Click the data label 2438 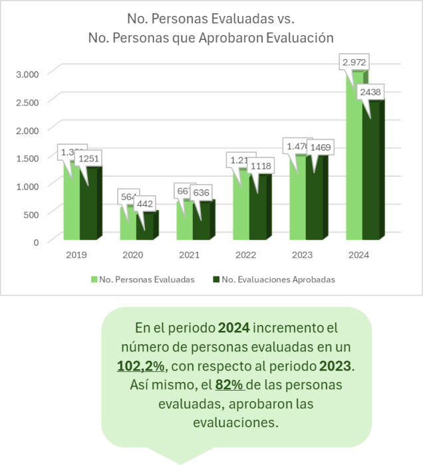pyautogui.click(x=370, y=94)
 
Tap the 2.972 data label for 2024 pyautogui.click(x=354, y=62)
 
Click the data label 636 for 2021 pyautogui.click(x=202, y=193)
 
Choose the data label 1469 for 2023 pyautogui.click(x=315, y=147)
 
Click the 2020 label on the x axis pyautogui.click(x=133, y=254)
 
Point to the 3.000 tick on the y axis pyautogui.click(x=28, y=73)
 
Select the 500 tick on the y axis pyautogui.click(x=31, y=214)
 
